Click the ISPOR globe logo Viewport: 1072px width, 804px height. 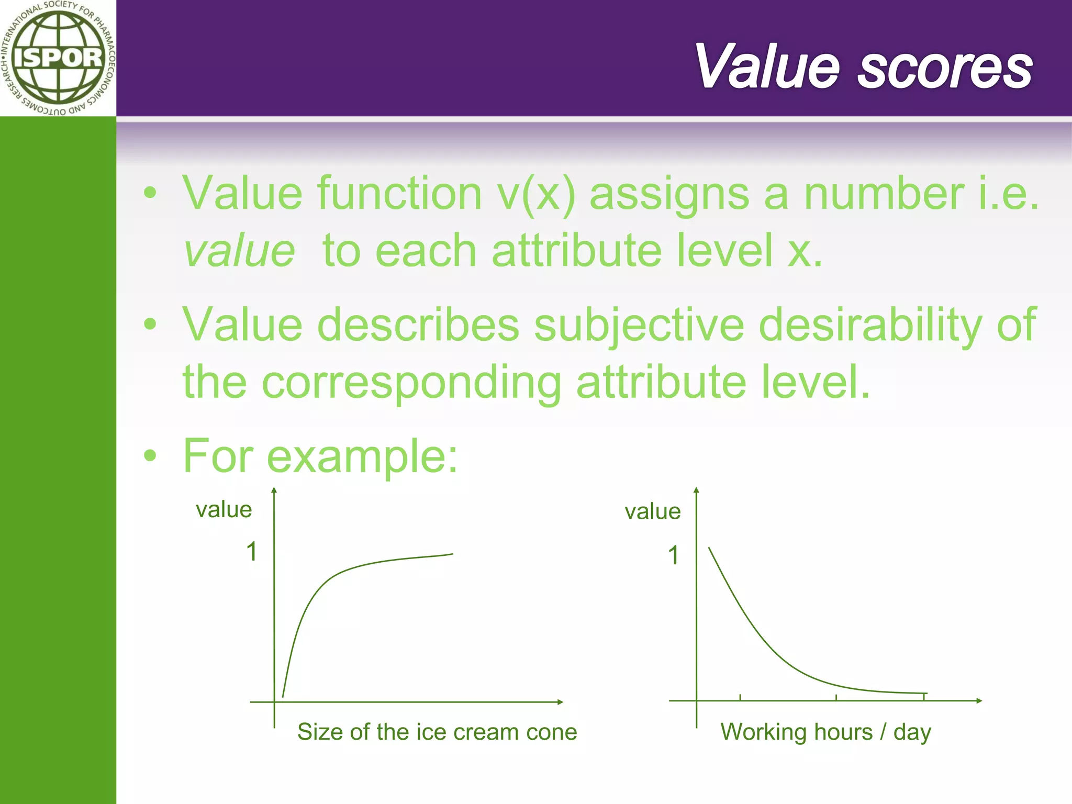point(58,58)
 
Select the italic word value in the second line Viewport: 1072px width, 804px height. point(240,251)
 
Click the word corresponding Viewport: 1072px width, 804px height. point(411,382)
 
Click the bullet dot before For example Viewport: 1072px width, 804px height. point(150,455)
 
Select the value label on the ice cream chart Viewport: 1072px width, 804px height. point(224,510)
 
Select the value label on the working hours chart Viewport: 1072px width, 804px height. point(653,511)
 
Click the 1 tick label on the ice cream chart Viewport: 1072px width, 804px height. point(252,552)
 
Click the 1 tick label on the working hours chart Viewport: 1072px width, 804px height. point(674,555)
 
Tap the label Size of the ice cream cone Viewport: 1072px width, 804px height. point(437,732)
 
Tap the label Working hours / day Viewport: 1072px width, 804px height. point(825,732)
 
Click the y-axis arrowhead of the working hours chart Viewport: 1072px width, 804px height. point(696,491)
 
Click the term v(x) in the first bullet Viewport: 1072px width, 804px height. point(536,194)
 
